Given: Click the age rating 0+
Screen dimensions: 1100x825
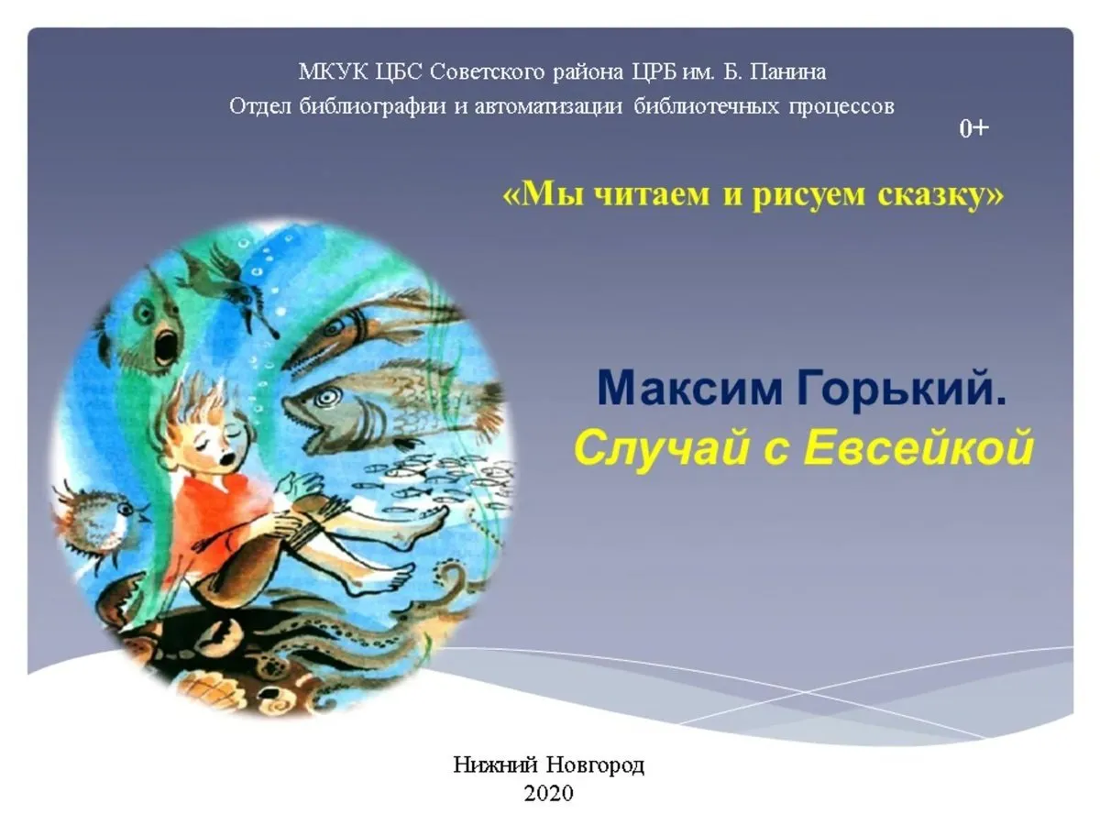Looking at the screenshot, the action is click(x=973, y=129).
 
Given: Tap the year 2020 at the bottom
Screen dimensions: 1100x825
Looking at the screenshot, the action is click(x=549, y=794).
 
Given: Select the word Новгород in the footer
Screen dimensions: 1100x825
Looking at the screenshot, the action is click(x=595, y=764).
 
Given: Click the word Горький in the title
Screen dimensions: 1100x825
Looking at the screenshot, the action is click(x=900, y=389).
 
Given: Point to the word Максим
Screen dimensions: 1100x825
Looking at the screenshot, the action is click(x=689, y=390).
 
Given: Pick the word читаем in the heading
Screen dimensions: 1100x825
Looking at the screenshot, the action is click(x=652, y=195).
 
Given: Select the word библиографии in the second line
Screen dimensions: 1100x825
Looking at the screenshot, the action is click(x=372, y=106).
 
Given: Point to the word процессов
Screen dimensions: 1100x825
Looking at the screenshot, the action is click(x=841, y=106).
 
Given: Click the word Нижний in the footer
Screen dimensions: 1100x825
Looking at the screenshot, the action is click(x=495, y=764).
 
